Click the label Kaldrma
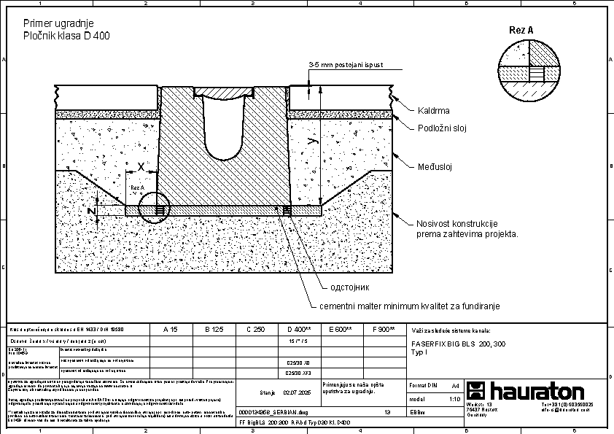(433, 111)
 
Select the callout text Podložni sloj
(440, 128)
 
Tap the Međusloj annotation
(435, 166)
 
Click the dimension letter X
(141, 166)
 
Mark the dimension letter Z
(92, 211)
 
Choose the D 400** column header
(299, 330)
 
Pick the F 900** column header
(383, 330)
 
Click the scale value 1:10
(454, 399)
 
